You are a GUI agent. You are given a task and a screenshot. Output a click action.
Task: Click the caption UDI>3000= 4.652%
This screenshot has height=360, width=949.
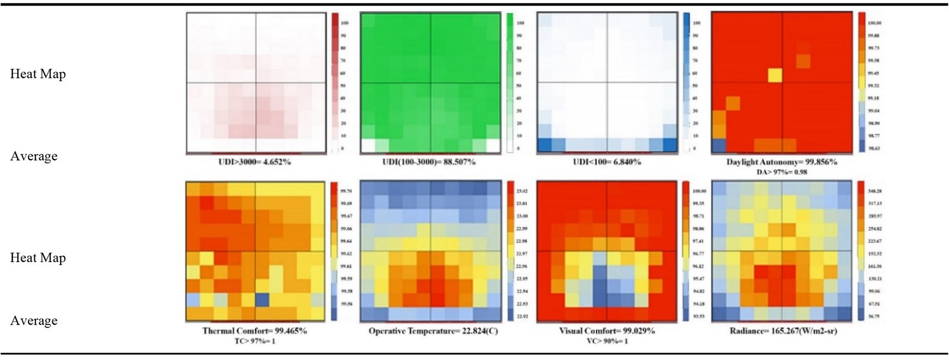coord(256,161)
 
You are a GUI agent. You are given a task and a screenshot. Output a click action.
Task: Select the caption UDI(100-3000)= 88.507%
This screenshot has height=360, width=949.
coord(429,161)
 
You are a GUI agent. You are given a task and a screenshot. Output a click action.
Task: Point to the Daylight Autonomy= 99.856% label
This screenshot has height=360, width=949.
coord(782,162)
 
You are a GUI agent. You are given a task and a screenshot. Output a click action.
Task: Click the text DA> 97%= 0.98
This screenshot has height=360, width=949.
coord(782,172)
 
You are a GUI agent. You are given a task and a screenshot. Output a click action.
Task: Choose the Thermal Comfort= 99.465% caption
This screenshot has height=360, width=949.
coord(255,331)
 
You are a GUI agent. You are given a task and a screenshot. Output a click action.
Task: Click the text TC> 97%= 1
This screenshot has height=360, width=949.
coord(255,341)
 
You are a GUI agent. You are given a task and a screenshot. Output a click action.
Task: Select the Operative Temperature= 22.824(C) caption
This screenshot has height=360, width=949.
coord(433,331)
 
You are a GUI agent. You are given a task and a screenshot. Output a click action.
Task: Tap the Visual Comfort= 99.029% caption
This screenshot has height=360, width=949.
coord(607,331)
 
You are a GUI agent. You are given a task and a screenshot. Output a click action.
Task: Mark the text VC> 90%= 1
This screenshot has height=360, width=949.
coord(607,341)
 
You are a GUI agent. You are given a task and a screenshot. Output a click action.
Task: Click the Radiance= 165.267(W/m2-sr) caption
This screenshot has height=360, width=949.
coord(783,331)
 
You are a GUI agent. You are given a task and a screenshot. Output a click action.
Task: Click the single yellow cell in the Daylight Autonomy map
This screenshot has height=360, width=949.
coord(775,75)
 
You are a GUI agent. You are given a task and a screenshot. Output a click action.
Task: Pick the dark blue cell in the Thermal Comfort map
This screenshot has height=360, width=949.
coord(262,300)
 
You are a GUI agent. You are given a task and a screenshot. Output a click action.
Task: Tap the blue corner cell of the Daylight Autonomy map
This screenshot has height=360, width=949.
coord(718,145)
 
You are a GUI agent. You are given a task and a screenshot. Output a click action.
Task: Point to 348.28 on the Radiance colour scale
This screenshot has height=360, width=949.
coord(874,192)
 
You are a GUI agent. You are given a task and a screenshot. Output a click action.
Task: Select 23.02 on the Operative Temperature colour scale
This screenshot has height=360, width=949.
coord(522,192)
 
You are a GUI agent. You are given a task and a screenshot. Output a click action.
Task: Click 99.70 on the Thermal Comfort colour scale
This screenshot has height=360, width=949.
coord(346,192)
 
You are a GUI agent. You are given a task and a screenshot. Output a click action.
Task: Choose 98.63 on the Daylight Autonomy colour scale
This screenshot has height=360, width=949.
coord(874,148)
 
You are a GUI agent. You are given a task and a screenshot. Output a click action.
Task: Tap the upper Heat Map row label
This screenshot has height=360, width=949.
coord(38,74)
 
